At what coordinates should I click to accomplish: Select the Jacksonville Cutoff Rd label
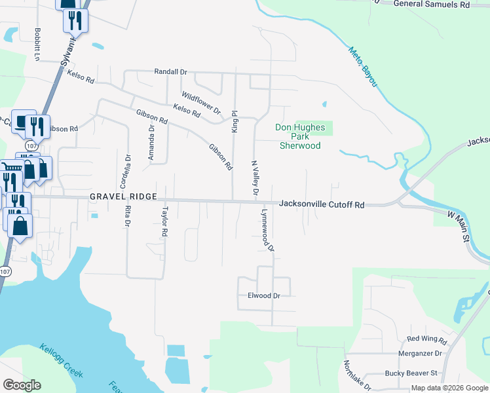pyautogui.click(x=321, y=204)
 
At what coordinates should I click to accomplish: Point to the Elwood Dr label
pyautogui.click(x=264, y=295)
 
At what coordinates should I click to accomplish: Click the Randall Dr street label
pyautogui.click(x=171, y=72)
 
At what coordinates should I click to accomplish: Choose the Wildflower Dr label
pyautogui.click(x=201, y=102)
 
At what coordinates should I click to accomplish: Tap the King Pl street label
pyautogui.click(x=234, y=121)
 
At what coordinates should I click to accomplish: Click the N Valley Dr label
pyautogui.click(x=255, y=178)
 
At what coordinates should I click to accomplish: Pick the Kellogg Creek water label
pyautogui.click(x=61, y=360)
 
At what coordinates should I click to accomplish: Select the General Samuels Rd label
pyautogui.click(x=432, y=5)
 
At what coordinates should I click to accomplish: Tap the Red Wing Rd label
pyautogui.click(x=426, y=339)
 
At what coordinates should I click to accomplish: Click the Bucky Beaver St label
pyautogui.click(x=411, y=373)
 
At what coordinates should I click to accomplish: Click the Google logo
pyautogui.click(x=22, y=385)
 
